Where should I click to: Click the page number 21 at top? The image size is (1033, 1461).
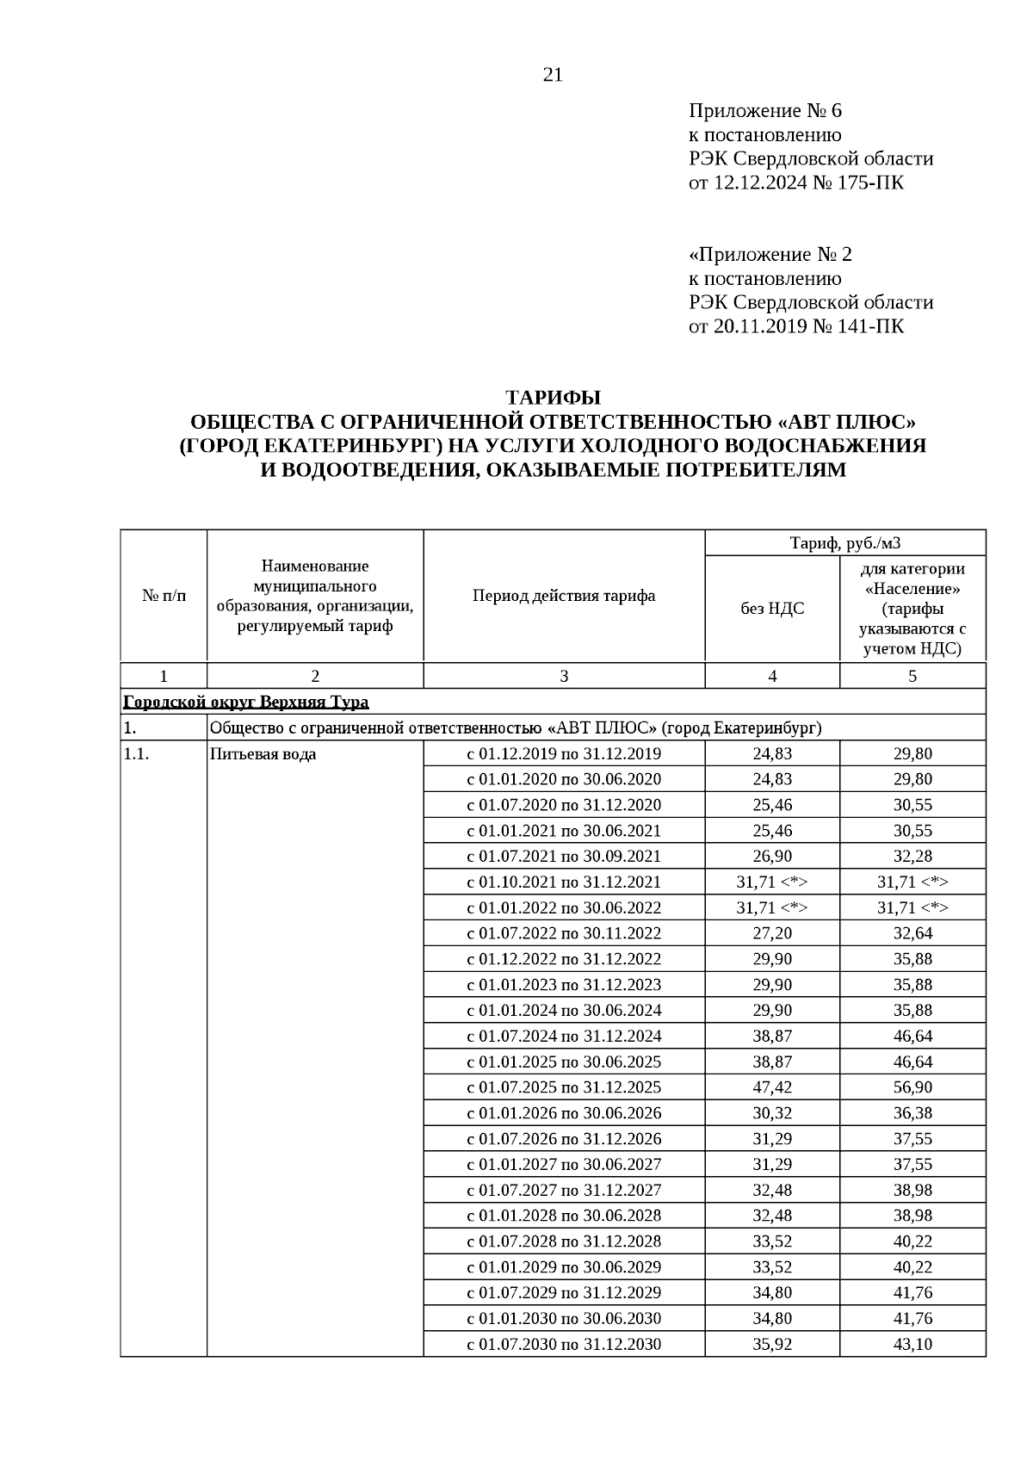(x=553, y=75)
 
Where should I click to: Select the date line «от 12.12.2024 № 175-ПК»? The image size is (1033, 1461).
(x=795, y=183)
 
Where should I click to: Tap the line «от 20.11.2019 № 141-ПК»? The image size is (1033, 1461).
(x=795, y=326)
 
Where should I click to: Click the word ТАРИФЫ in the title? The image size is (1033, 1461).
(x=553, y=398)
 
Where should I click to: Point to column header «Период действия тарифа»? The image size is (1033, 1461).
(x=564, y=596)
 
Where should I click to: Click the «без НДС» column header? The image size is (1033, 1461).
(x=772, y=609)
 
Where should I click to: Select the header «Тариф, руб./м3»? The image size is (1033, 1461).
(x=844, y=543)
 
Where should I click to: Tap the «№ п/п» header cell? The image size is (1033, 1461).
(x=164, y=596)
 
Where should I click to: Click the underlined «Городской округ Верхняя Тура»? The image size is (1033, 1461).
(x=246, y=702)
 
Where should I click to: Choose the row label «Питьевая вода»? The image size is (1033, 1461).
(x=263, y=754)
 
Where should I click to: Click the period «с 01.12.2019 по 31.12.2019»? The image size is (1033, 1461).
(x=564, y=754)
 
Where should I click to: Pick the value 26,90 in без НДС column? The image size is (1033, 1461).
(x=772, y=857)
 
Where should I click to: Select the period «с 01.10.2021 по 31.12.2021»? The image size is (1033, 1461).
(x=564, y=882)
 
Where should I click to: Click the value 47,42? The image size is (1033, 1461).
(x=772, y=1087)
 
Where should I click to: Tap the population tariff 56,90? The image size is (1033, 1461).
(x=912, y=1087)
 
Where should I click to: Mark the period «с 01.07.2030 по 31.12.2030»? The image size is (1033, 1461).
(x=564, y=1344)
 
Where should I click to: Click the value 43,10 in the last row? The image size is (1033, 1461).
(x=912, y=1344)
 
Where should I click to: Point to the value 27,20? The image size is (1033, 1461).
(x=772, y=933)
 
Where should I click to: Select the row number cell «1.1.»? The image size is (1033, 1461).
(x=137, y=754)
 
